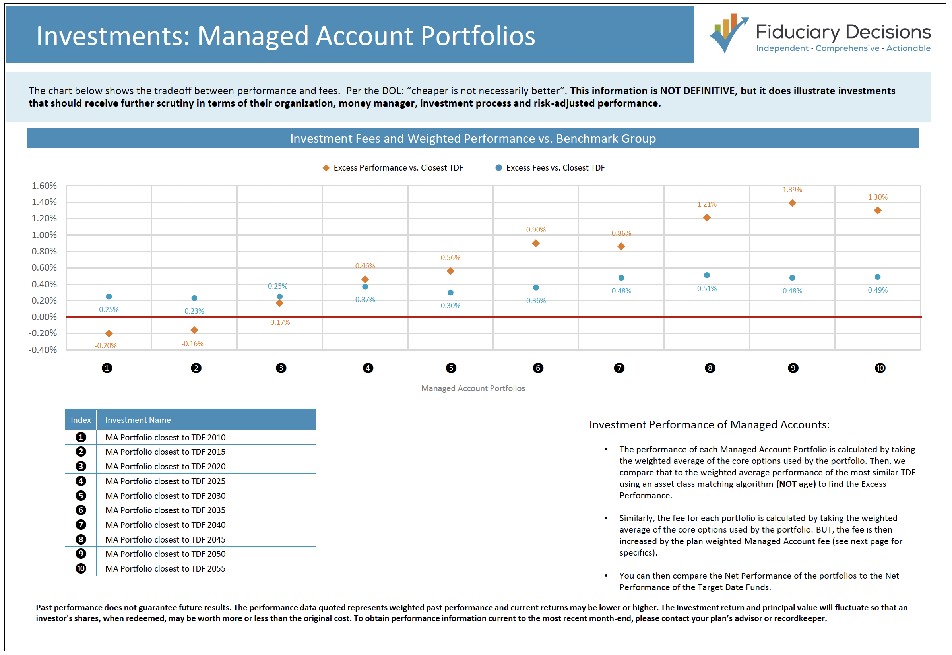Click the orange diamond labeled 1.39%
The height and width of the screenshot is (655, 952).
point(792,203)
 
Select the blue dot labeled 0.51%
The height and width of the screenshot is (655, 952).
point(707,275)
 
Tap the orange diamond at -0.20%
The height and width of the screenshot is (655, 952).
point(109,333)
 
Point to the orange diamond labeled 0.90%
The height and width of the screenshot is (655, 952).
point(535,243)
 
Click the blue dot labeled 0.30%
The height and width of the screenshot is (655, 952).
point(450,293)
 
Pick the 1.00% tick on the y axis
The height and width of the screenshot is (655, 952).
point(44,235)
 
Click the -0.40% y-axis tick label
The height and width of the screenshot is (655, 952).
point(42,350)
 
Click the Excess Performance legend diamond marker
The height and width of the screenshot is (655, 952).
point(326,168)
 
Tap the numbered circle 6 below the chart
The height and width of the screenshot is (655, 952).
point(537,368)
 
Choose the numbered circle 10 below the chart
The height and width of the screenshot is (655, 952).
point(880,368)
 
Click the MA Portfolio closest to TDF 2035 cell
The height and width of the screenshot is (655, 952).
point(165,510)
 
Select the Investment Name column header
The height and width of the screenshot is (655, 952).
point(138,420)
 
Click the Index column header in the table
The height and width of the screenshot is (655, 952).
point(80,420)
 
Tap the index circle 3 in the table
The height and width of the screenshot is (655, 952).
point(81,466)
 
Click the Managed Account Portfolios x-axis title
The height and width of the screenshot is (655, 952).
point(473,388)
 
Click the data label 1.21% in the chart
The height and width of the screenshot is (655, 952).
point(707,204)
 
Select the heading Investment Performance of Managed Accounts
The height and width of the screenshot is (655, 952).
point(709,425)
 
